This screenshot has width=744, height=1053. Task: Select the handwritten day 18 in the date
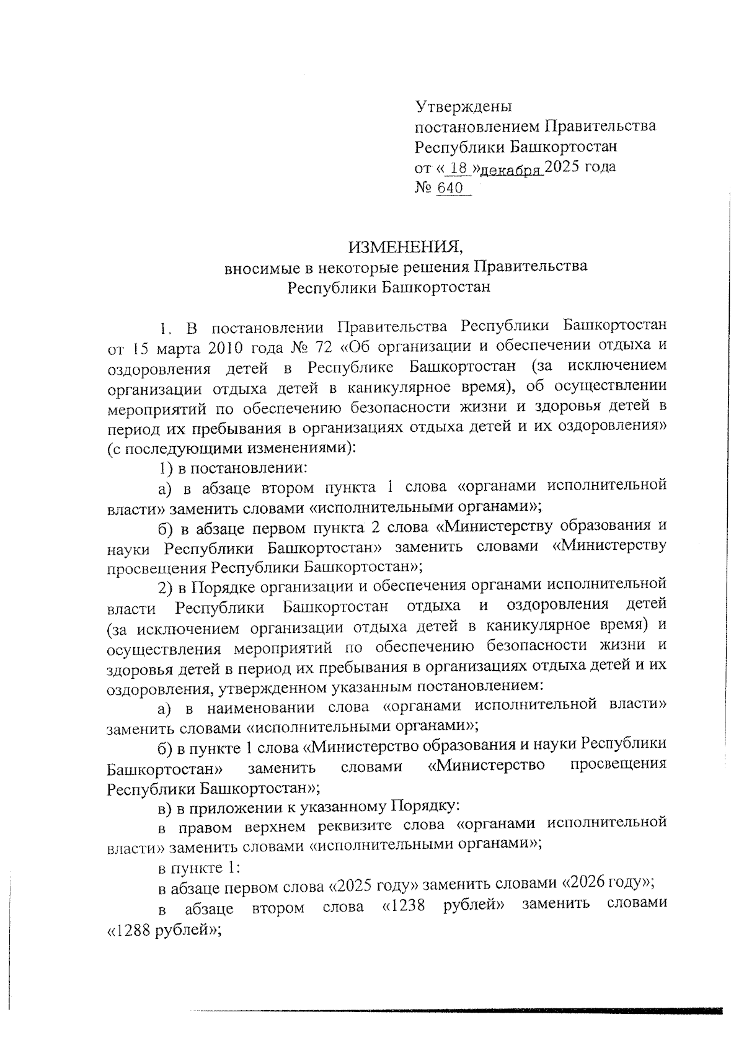click(458, 168)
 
